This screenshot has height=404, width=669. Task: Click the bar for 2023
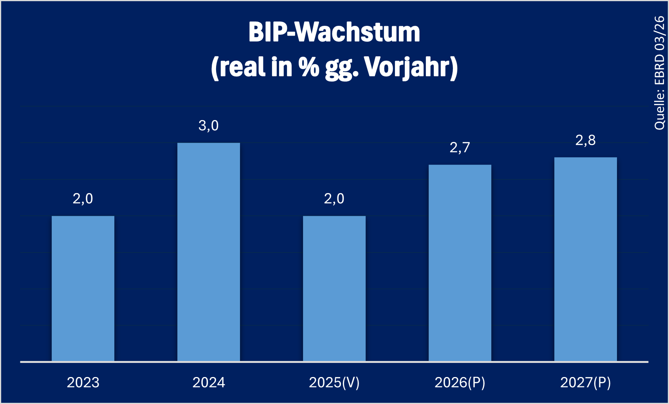point(83,288)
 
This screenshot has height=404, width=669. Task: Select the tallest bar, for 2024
point(209,252)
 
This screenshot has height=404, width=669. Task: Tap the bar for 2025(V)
point(334,288)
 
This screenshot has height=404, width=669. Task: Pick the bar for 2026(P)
point(460,263)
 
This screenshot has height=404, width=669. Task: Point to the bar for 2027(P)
point(586,259)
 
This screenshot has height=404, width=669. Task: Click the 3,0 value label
point(209,126)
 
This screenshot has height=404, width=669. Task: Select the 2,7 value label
point(460,147)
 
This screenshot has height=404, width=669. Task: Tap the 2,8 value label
point(586,140)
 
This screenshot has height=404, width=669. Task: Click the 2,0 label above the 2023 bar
point(83,199)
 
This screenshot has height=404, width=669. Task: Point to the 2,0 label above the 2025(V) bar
point(334,199)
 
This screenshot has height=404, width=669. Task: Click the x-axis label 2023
point(83,382)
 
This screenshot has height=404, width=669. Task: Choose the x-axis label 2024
point(209,382)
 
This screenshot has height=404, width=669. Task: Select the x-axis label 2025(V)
point(334,382)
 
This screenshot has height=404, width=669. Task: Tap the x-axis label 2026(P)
point(460,382)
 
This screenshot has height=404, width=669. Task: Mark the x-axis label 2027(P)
point(586,382)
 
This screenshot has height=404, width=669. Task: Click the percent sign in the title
point(309,67)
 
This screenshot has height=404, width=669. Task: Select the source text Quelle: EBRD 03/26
point(660,73)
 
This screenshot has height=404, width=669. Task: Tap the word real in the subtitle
point(242,67)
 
